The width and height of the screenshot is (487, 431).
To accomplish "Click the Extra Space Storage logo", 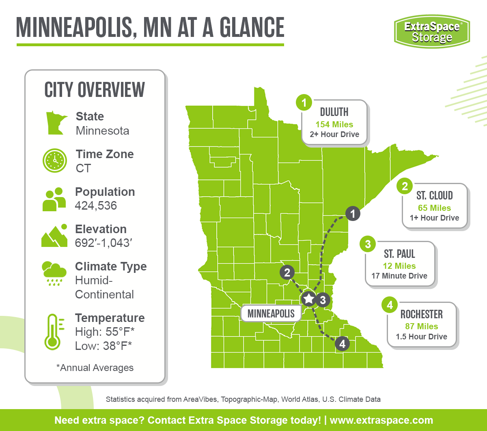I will [x=432, y=31].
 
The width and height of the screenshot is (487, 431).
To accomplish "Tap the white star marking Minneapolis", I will [x=309, y=299].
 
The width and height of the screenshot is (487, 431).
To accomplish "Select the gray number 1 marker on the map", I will [x=353, y=213].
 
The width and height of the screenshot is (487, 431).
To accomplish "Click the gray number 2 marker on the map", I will [x=287, y=272].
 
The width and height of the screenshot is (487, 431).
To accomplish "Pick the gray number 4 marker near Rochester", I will [x=342, y=344].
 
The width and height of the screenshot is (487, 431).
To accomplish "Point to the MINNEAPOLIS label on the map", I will [x=271, y=314].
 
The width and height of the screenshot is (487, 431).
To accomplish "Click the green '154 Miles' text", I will [x=334, y=124].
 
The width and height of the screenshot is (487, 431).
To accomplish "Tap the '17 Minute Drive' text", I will [x=399, y=276].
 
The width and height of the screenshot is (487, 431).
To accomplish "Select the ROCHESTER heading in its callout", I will [x=422, y=315].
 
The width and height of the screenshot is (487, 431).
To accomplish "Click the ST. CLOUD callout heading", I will [x=434, y=196].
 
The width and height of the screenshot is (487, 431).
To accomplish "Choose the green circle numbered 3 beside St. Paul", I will [x=368, y=244].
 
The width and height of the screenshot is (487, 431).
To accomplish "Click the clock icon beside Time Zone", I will [x=54, y=161].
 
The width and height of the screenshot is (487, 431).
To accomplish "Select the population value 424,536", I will [x=96, y=206].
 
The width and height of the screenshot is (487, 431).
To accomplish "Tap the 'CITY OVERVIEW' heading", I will [x=95, y=90].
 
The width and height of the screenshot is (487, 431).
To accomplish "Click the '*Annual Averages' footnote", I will [x=95, y=368].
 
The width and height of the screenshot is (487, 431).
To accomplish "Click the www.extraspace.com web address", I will [x=381, y=420].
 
